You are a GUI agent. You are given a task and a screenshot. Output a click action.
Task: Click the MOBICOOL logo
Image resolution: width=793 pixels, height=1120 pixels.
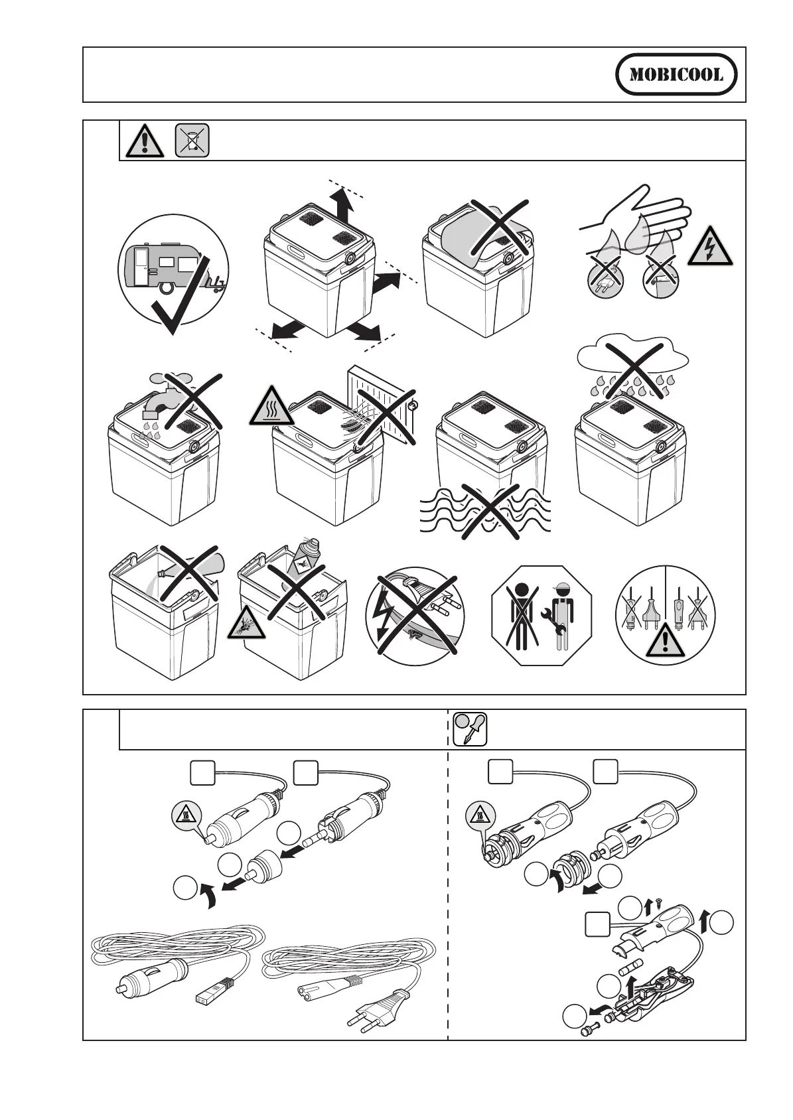pos(676,74)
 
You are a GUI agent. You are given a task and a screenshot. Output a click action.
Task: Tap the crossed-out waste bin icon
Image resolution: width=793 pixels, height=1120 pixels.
pos(192,141)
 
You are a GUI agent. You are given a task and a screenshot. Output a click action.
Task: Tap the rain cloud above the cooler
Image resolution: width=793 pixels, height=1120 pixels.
pos(633,359)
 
